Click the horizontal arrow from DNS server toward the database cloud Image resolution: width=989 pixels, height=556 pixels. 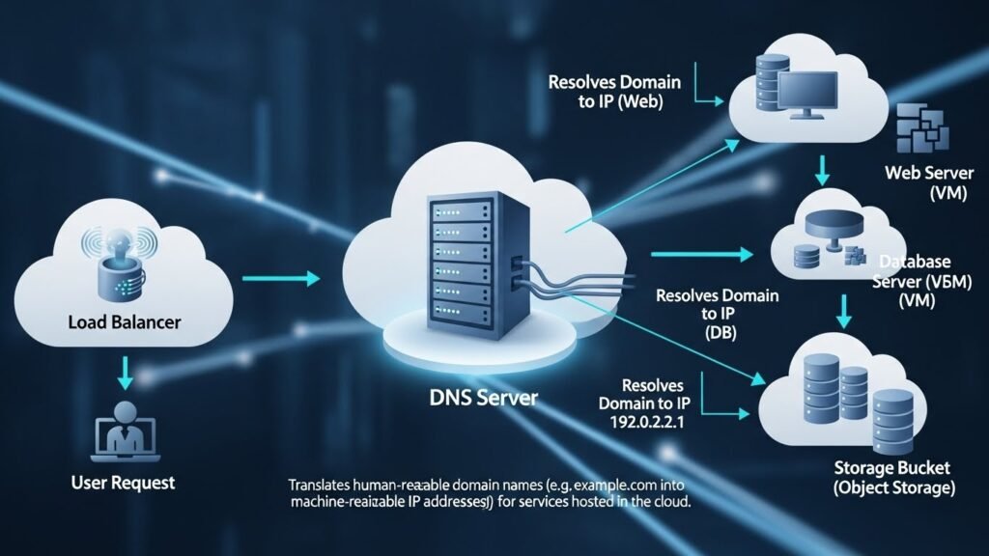[x=702, y=255]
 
